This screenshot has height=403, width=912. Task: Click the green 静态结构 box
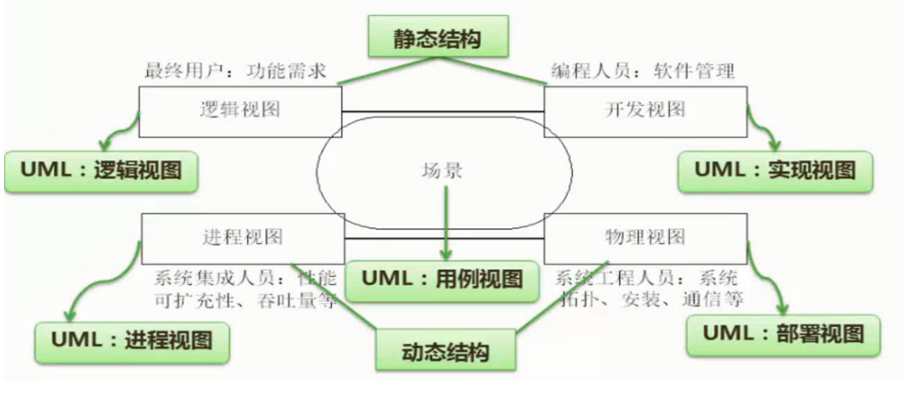click(437, 36)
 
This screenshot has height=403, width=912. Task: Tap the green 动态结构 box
click(446, 350)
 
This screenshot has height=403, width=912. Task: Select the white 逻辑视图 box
click(240, 111)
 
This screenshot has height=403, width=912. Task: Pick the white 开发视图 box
click(645, 111)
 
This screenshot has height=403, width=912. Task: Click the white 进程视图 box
click(243, 238)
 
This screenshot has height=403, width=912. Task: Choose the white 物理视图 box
click(645, 238)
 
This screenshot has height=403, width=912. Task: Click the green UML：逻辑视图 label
click(101, 171)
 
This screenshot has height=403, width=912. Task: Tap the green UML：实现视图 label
click(775, 171)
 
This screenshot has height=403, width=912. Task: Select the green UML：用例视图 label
click(442, 280)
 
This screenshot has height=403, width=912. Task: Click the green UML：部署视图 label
click(784, 335)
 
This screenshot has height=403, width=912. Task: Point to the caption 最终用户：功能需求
click(235, 72)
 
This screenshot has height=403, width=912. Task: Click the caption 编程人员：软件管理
click(643, 72)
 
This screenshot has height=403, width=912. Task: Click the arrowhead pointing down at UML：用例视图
click(446, 254)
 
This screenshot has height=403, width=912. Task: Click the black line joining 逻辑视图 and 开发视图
click(443, 111)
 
